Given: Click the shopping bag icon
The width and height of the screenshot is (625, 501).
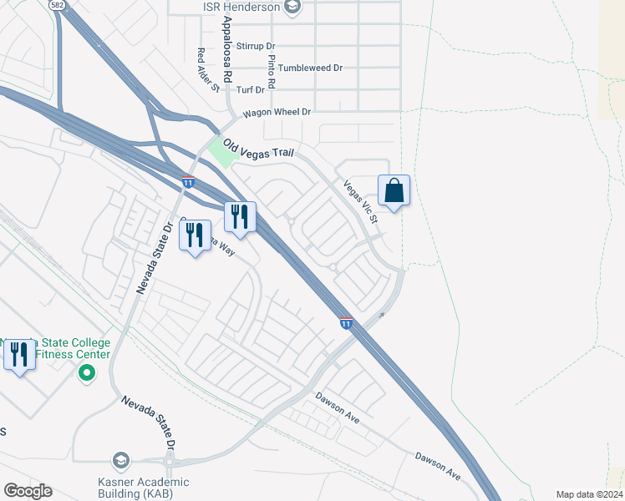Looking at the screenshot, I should (x=394, y=191).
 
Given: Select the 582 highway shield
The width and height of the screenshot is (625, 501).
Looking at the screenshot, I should (x=57, y=5).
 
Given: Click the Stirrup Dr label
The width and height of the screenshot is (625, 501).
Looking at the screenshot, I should (x=256, y=47).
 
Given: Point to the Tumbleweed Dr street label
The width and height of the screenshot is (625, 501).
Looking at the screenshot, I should (x=310, y=68).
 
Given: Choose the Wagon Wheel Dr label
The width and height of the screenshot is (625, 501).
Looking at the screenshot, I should (x=277, y=112).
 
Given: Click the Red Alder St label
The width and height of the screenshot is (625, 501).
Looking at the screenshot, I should (x=206, y=69).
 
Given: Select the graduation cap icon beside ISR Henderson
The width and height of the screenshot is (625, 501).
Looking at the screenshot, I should (x=292, y=8).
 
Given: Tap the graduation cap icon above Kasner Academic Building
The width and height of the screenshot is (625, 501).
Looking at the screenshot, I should (x=121, y=460).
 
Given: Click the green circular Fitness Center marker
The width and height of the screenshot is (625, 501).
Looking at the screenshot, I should (x=84, y=372).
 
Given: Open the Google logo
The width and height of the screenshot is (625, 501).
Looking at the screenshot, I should (x=28, y=491).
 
